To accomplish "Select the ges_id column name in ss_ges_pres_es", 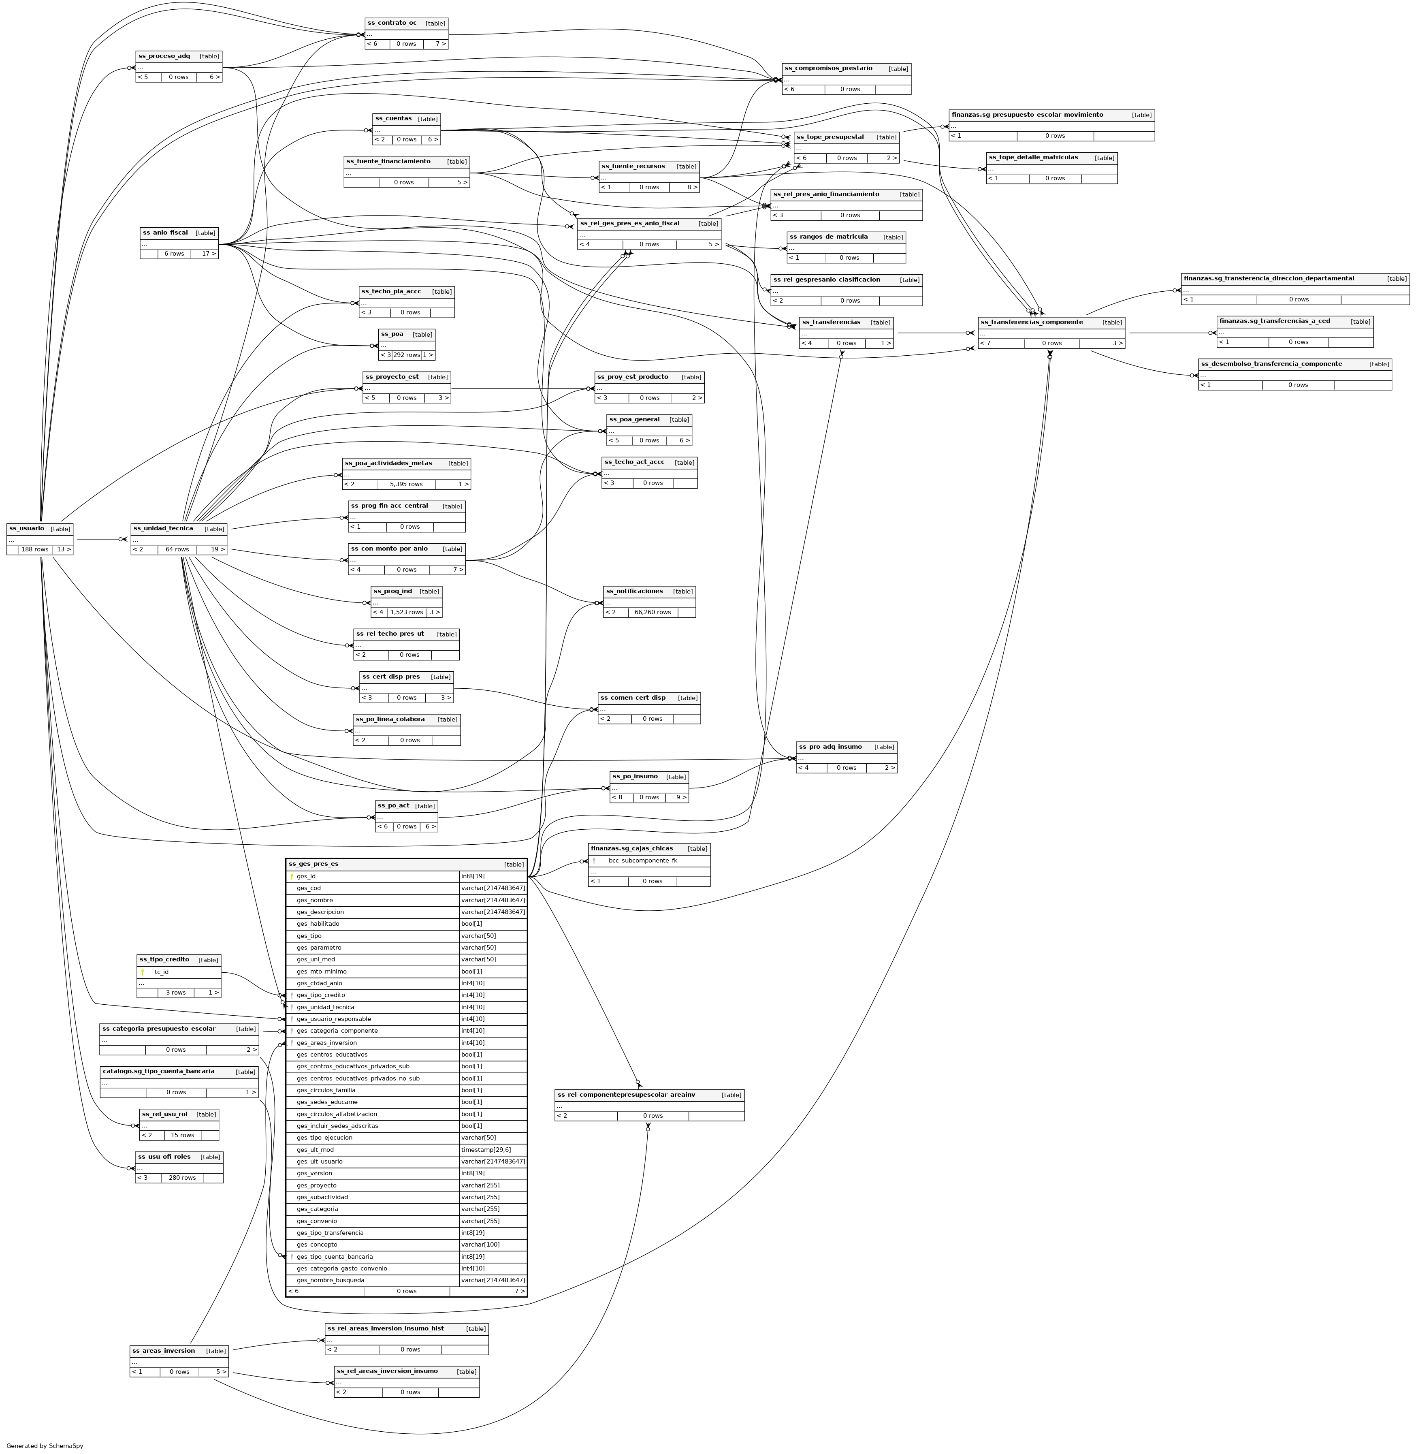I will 306,877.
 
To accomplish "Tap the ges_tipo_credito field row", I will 320,995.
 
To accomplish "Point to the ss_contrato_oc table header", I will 392,23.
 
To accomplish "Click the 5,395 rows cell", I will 406,484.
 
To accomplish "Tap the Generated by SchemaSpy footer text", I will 45,1446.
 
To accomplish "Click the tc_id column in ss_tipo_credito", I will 161,972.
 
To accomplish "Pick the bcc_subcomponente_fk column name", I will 642,860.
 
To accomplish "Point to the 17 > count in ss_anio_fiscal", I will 205,254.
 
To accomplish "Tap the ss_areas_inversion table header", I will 164,1351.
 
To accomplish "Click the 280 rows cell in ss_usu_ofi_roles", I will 182,1178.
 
